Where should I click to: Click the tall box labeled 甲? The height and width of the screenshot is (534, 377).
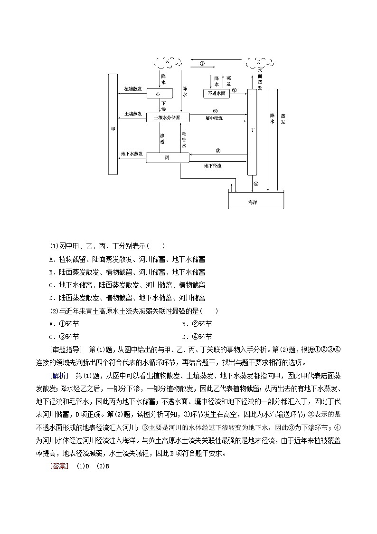point(113,124)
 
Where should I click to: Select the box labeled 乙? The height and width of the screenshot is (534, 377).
point(159,94)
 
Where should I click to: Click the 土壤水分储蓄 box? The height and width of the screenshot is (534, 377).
point(168,117)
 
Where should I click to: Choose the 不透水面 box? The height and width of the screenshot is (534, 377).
point(217,94)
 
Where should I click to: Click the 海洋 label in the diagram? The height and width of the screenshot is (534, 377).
point(253,202)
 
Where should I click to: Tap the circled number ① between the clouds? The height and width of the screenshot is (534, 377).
point(202,63)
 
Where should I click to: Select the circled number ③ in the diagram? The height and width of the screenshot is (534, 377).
point(218,151)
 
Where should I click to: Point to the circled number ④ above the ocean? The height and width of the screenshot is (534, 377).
point(256,184)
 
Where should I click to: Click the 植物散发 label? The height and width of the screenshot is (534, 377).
point(133,89)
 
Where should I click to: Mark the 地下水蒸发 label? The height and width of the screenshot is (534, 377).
point(131,154)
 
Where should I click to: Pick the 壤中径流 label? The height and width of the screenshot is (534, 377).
point(214,118)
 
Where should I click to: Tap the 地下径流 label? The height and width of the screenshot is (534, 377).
point(213,165)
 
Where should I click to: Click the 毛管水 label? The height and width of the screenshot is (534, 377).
point(184,140)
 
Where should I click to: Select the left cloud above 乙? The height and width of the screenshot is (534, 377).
point(167,62)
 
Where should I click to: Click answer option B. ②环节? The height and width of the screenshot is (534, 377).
point(197,324)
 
